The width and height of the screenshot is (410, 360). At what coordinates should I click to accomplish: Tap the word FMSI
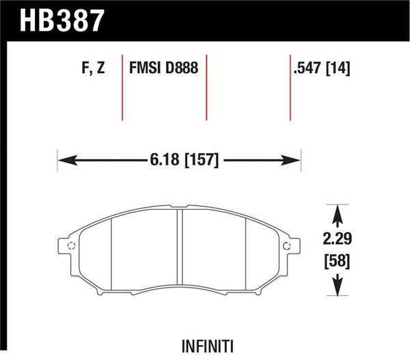coord(146,70)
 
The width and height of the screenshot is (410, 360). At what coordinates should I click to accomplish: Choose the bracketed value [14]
coord(337,70)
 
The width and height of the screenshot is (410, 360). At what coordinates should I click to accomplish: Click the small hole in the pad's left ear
coord(68,245)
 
